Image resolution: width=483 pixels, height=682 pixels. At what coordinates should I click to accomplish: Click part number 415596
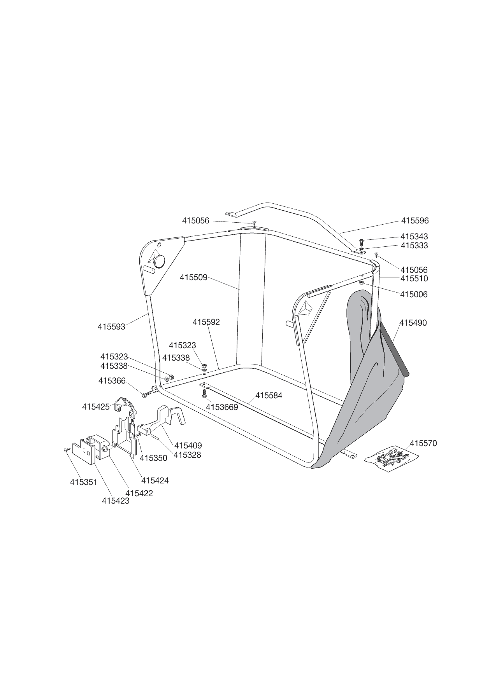point(415,221)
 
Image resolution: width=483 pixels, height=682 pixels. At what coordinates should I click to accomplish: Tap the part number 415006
point(414,295)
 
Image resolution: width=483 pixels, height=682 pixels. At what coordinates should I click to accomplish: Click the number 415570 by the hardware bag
point(423,443)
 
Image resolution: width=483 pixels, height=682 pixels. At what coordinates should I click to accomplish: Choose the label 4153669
point(222,407)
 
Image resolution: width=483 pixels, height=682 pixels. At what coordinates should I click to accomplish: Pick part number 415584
point(269,396)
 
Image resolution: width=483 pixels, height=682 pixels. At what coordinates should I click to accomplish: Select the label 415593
point(111,327)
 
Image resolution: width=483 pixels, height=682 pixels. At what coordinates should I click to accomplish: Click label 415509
point(193,277)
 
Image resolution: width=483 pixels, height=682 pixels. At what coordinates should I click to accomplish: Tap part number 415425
point(96,407)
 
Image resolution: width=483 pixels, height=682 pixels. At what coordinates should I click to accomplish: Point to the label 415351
point(84,482)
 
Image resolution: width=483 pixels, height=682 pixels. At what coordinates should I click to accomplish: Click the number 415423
point(116,501)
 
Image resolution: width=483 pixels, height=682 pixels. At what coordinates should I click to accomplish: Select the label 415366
point(112,381)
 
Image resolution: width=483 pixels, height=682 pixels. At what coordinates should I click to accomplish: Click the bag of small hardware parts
point(389,458)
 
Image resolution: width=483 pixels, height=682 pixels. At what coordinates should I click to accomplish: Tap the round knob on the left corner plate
point(159,261)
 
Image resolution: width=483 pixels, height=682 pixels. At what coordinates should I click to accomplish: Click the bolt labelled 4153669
point(204,394)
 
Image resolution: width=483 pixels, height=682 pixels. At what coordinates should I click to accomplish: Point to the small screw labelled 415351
point(66,450)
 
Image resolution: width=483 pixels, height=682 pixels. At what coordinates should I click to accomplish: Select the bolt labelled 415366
point(146,395)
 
